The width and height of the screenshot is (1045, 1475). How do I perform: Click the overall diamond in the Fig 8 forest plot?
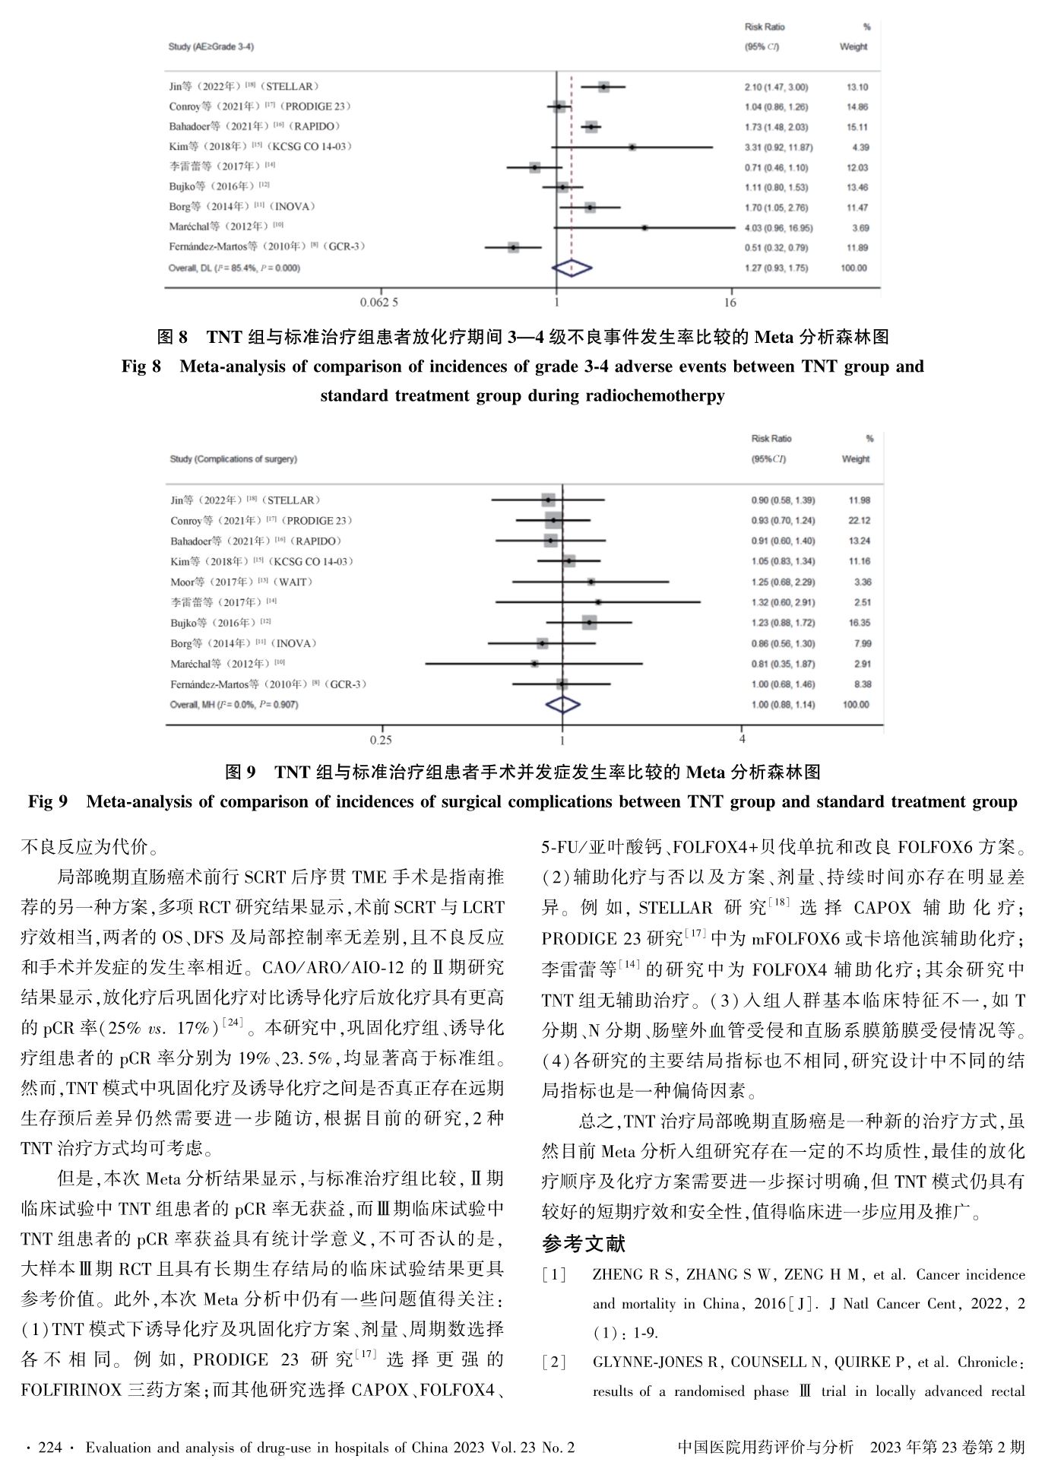point(572,268)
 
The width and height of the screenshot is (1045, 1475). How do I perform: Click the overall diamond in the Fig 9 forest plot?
point(563,705)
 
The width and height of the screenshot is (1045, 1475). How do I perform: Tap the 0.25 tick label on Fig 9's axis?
point(381,740)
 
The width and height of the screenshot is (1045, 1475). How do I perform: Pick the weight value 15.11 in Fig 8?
point(857,127)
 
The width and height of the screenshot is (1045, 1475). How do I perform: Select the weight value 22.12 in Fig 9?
point(860,521)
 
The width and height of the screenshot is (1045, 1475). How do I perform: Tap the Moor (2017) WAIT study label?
point(242,582)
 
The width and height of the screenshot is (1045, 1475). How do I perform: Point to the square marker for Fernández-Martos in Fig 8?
point(514,247)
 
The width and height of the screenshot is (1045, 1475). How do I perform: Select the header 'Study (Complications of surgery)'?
point(233,459)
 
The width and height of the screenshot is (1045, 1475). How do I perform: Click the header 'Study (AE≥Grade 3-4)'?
point(211,47)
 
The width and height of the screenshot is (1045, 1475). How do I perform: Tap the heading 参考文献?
point(584,1244)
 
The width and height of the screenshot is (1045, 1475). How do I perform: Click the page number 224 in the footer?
point(49,1448)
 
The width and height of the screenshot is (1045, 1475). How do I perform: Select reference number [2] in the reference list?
point(554,1362)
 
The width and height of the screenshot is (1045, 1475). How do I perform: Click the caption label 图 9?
point(241,772)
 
